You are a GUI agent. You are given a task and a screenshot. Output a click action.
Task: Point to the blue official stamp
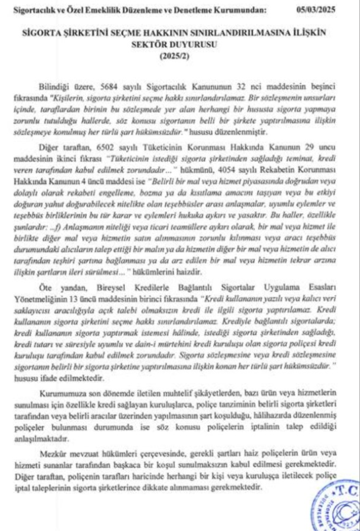[333, 509]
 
